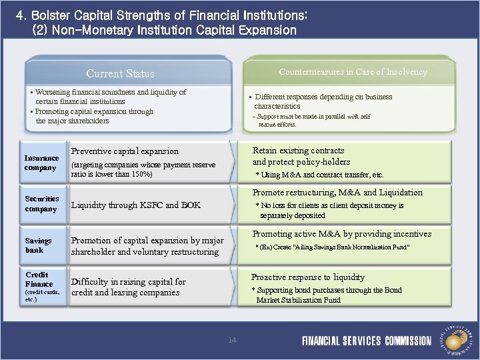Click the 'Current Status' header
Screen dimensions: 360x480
click(120, 73)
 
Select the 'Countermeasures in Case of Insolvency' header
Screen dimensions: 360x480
click(353, 71)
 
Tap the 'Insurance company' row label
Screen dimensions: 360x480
click(41, 163)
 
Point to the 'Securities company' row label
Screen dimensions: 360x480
click(42, 203)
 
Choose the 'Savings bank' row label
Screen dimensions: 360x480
click(38, 245)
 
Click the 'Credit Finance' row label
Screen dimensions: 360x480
click(39, 279)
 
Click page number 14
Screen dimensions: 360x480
click(232, 340)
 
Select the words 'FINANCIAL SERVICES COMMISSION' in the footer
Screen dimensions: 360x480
click(367, 341)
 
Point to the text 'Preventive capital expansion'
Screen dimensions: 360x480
click(125, 151)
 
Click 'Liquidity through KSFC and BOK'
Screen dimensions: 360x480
click(135, 205)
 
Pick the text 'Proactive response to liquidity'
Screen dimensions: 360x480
click(307, 277)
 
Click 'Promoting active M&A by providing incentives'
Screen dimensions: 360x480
click(341, 234)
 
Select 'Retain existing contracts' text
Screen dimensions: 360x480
click(298, 151)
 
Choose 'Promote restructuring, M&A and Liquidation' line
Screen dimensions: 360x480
click(337, 193)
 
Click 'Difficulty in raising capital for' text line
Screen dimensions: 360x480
click(128, 282)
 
